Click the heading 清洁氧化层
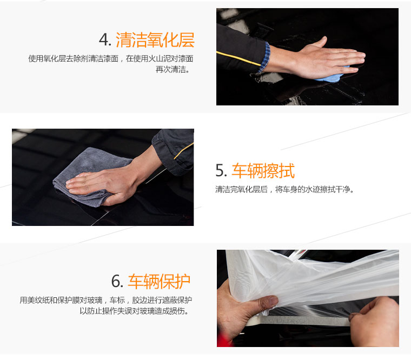click(155, 40)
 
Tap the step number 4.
click(105, 40)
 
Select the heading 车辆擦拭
click(263, 171)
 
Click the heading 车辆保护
click(159, 282)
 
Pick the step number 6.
click(117, 282)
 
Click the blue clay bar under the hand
click(332, 77)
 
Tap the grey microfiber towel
click(89, 176)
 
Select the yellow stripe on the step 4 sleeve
click(238, 58)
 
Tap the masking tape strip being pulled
click(297, 321)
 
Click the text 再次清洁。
click(173, 69)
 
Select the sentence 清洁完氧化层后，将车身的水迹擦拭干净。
click(284, 189)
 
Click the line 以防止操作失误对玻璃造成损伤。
click(135, 311)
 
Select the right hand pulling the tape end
click(375, 322)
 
